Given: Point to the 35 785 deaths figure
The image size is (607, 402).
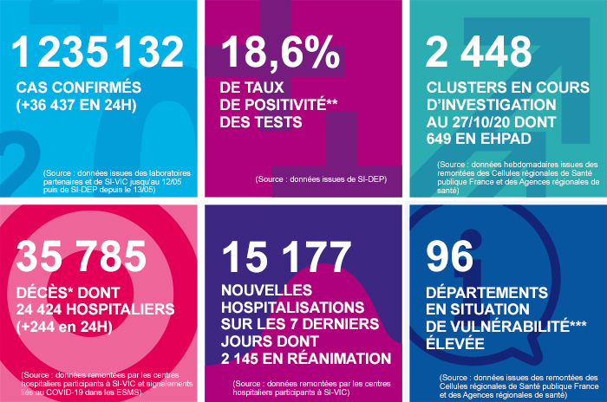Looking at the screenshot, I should tap(82, 257).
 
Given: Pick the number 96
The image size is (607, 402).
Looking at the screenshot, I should tap(451, 257).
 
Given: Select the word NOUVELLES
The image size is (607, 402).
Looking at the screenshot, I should tap(264, 290).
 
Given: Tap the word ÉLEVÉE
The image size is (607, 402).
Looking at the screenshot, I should tap(460, 343).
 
